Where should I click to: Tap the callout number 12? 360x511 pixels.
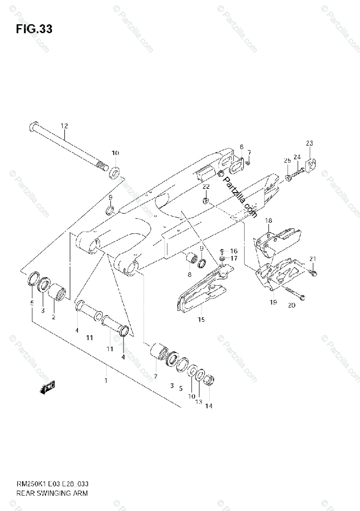(64, 126)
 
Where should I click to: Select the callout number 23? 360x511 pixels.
(309, 143)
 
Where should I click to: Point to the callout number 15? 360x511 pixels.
(201, 319)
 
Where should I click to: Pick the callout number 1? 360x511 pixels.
(106, 380)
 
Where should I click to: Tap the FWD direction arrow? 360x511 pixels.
(47, 388)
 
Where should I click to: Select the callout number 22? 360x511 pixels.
(206, 187)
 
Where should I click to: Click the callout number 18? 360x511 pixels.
(268, 221)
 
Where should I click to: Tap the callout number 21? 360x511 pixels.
(313, 259)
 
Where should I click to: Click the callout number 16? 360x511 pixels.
(234, 251)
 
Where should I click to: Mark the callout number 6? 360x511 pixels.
(241, 147)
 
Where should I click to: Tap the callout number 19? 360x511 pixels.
(273, 302)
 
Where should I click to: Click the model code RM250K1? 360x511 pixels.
(29, 485)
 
